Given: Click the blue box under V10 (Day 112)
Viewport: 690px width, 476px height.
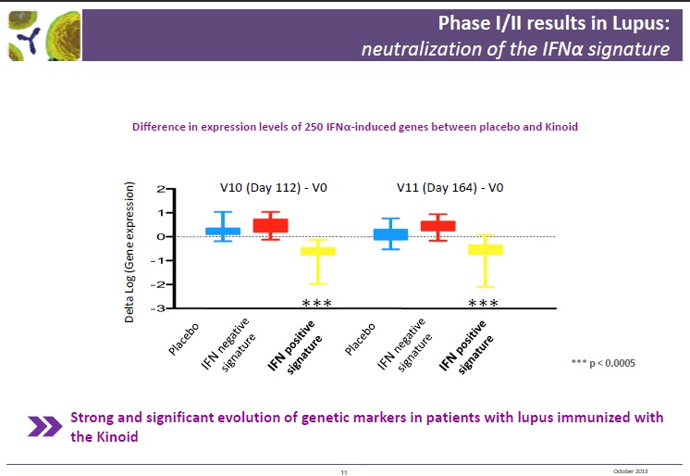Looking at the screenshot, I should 223,231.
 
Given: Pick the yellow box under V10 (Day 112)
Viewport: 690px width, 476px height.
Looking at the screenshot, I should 319,251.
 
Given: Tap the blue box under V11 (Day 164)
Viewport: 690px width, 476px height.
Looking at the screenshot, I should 391,234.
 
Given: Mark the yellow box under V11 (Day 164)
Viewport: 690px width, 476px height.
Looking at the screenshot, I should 485,249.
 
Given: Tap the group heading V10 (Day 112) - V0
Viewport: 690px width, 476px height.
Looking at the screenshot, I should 274,188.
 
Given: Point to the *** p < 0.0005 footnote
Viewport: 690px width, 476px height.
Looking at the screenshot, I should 604,363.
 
